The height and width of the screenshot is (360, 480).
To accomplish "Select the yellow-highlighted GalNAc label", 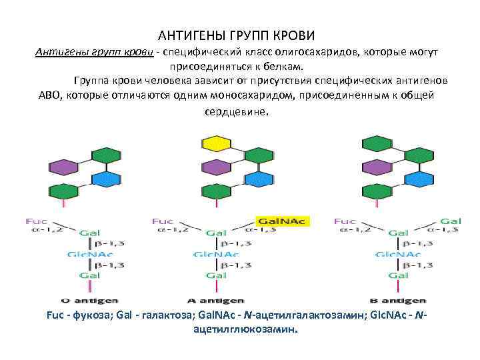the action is pyautogui.click(x=277, y=219).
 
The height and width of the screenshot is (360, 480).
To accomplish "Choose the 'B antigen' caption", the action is pyautogui.click(x=397, y=301).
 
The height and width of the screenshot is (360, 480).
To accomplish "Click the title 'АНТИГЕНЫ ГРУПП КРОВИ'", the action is pyautogui.click(x=236, y=34).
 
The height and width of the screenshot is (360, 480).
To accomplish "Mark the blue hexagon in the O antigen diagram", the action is pyautogui.click(x=107, y=178).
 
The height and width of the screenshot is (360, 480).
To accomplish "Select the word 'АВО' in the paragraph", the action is pyautogui.click(x=51, y=95).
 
